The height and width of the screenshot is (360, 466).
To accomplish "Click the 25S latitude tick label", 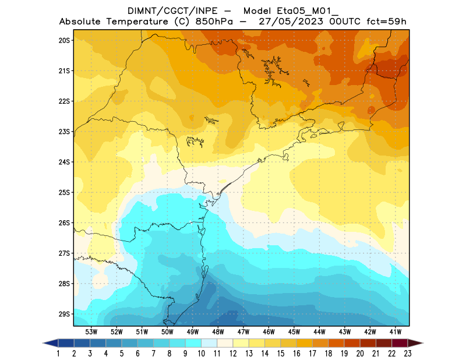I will (64, 192).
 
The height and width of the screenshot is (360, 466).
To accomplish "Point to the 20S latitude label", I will (64, 40).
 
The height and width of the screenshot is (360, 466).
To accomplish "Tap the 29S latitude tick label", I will (64, 314).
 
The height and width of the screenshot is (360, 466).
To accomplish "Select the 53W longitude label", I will (91, 331).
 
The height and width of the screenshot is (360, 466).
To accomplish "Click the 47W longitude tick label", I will (243, 331).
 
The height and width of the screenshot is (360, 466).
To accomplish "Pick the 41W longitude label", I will (396, 331).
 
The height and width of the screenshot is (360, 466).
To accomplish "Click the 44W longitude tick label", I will (319, 331).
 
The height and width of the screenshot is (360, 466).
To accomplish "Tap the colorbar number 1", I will (59, 354).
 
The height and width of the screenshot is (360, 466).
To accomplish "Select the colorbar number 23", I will (408, 354).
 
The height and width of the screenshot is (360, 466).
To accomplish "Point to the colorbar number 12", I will (233, 354).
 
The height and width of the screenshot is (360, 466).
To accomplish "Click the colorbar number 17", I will (313, 354).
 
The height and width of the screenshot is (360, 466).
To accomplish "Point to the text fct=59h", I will (385, 22).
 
